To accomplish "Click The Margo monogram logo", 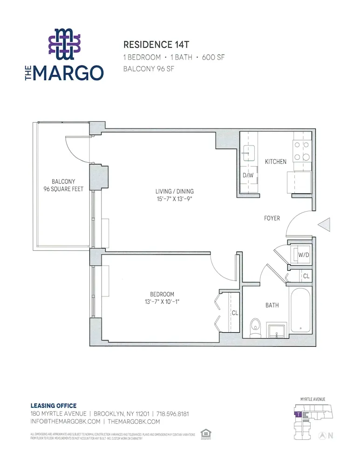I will point(65,44).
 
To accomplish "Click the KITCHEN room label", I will point(276,162).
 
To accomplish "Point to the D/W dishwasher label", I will point(247,176).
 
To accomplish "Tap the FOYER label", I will point(272,218).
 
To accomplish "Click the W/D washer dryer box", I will point(304,255).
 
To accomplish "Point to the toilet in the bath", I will point(255,327).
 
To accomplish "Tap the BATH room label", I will point(272,305).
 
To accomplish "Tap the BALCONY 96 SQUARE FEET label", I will point(63,185).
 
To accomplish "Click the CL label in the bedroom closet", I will point(235,313).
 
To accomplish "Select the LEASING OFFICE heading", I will point(53,406).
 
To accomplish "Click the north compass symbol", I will point(322,436).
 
